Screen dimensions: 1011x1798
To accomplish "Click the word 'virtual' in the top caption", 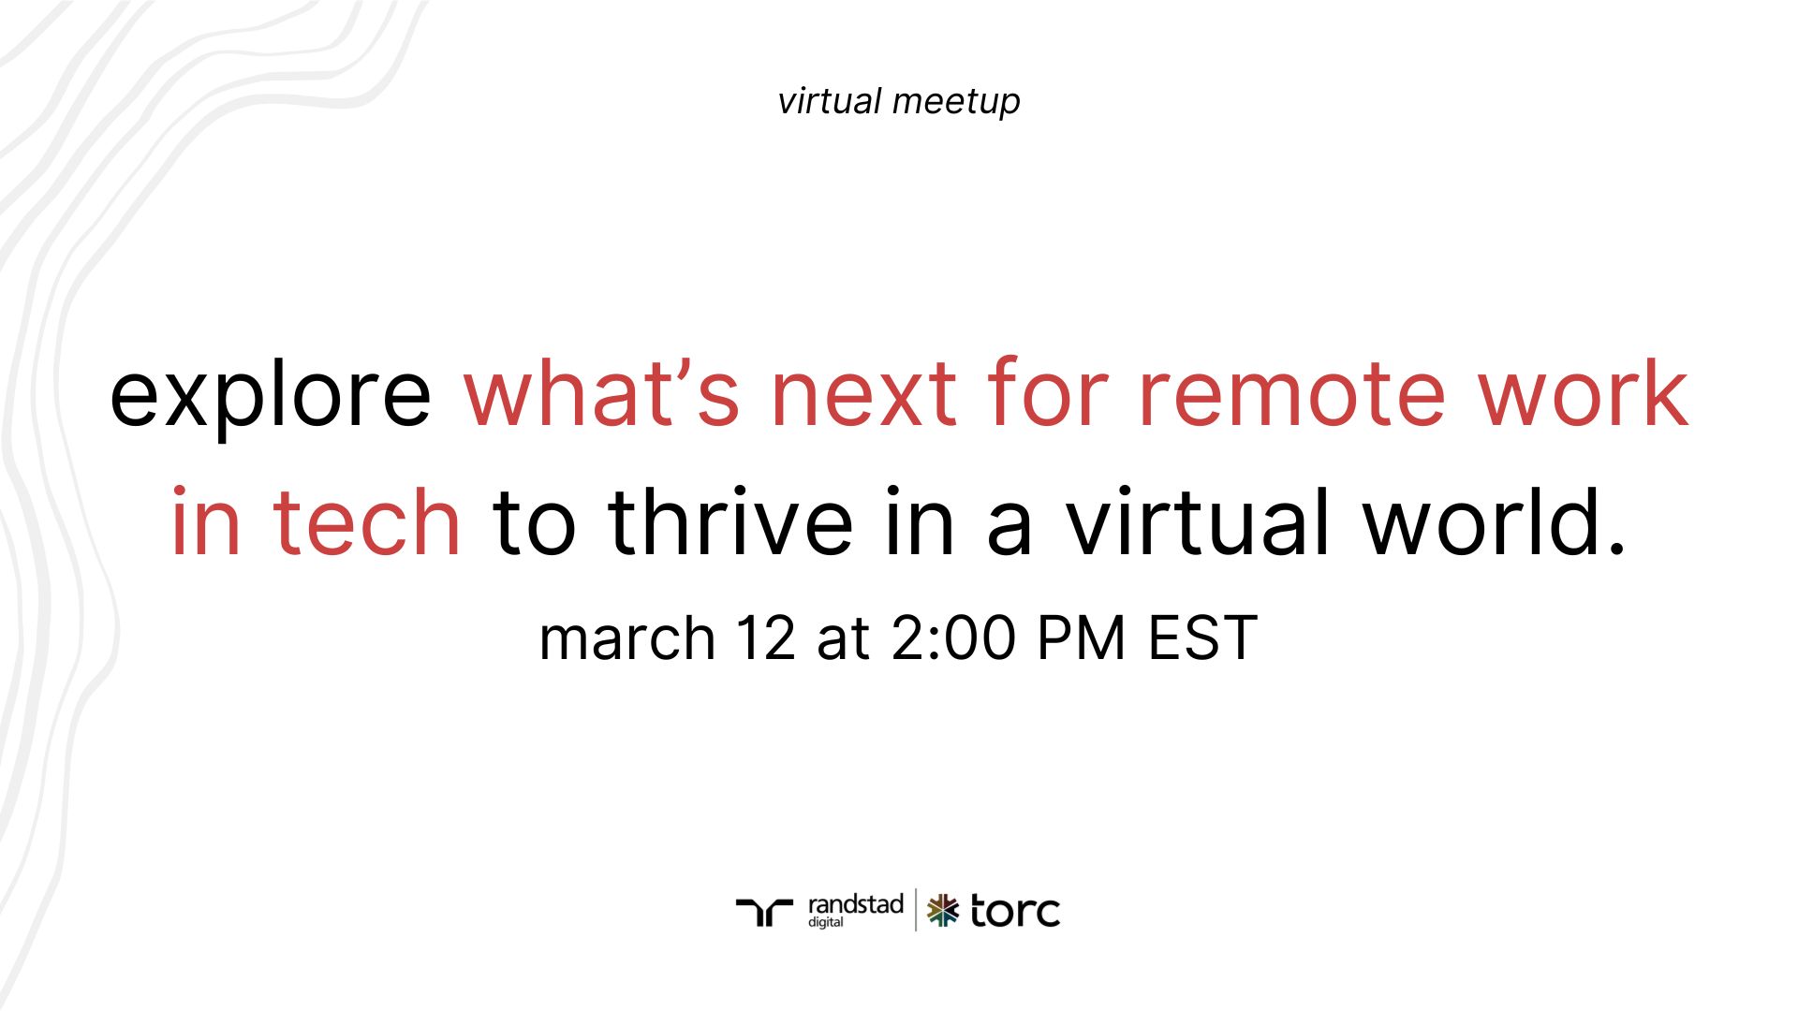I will pyautogui.click(x=830, y=101).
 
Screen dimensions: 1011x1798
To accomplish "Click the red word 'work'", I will pyautogui.click(x=1583, y=393).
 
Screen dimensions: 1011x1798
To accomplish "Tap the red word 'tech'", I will pyautogui.click(x=366, y=521).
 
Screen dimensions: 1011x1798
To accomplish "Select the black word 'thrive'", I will pyautogui.click(x=730, y=521).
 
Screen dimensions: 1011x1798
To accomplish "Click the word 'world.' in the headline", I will pyautogui.click(x=1495, y=521).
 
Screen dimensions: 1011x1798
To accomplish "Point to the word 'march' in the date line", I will pyautogui.click(x=627, y=638).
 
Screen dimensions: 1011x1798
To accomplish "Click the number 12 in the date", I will pyautogui.click(x=765, y=638).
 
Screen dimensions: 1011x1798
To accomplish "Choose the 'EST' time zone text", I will pyautogui.click(x=1202, y=638).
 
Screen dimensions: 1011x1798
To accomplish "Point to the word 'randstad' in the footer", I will pyautogui.click(x=855, y=905).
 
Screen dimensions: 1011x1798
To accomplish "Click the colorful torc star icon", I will pyautogui.click(x=943, y=910).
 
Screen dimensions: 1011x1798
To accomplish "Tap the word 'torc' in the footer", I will pyautogui.click(x=1015, y=911).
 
